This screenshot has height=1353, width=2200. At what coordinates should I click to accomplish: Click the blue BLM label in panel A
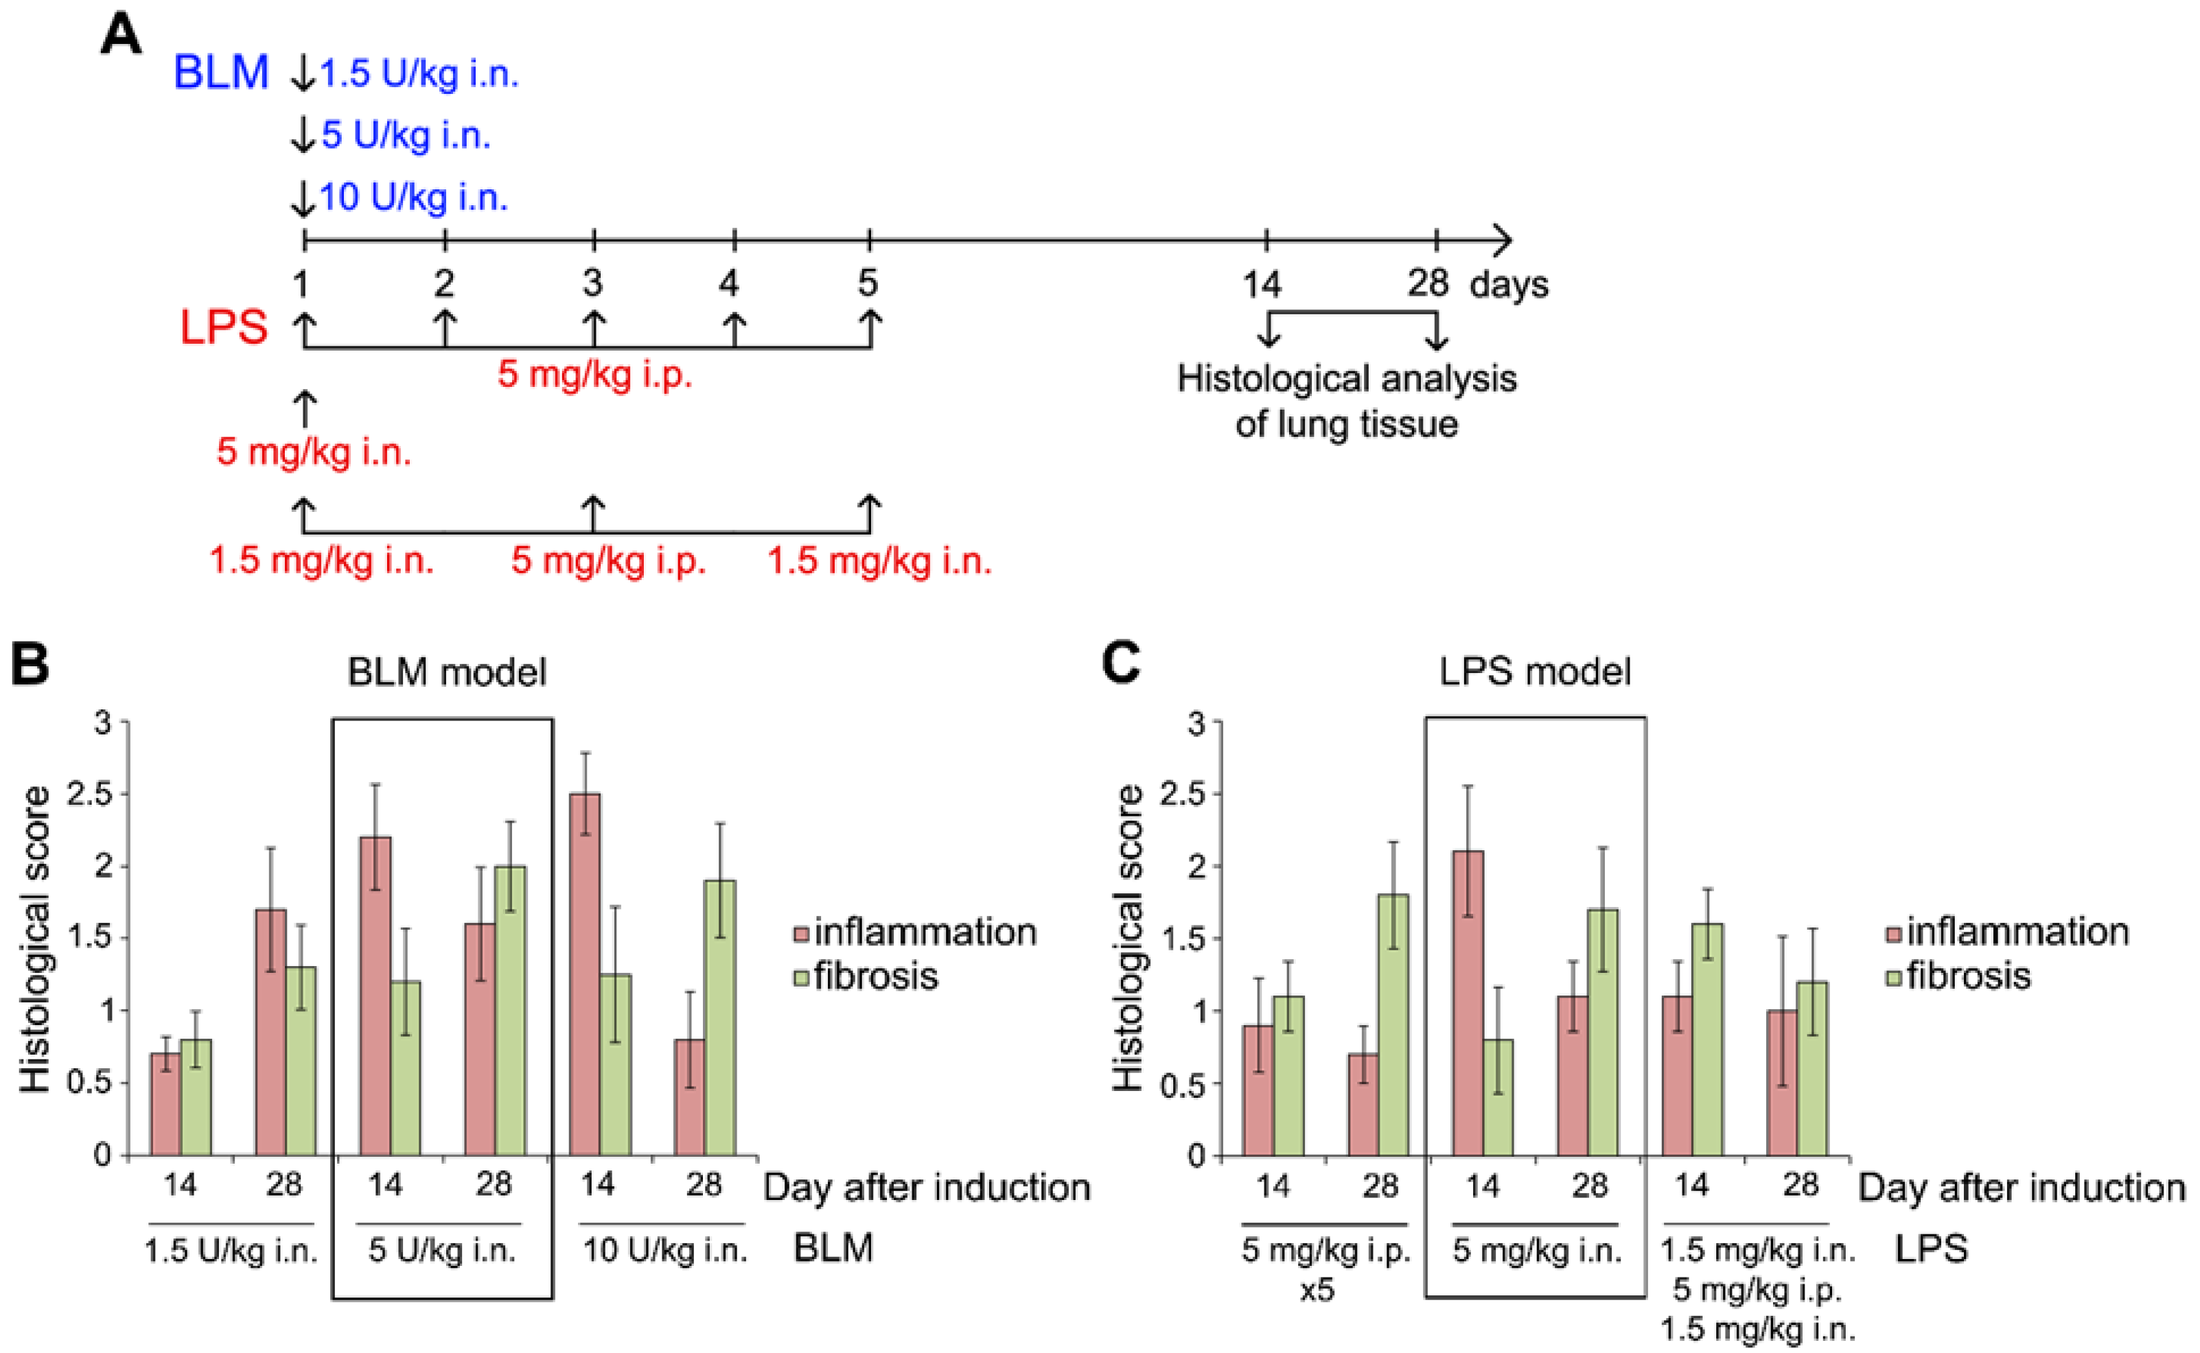(220, 73)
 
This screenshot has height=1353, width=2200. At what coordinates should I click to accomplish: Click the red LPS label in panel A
(223, 327)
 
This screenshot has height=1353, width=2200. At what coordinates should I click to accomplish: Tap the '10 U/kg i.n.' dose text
(413, 197)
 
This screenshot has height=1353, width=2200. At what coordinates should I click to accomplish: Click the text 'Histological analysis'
(1346, 379)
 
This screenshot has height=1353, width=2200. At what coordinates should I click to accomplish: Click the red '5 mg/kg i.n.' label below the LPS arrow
(313, 452)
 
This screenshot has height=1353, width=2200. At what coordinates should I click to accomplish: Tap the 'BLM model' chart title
(447, 671)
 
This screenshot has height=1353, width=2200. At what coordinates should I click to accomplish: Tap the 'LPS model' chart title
(1535, 671)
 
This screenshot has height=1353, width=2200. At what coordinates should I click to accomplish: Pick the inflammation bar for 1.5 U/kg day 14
(165, 1103)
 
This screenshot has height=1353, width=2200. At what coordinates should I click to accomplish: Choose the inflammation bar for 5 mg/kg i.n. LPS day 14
(1468, 1003)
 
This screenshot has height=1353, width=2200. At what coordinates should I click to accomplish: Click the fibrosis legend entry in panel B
(866, 976)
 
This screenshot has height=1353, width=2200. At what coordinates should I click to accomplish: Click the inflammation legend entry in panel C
(2008, 932)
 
